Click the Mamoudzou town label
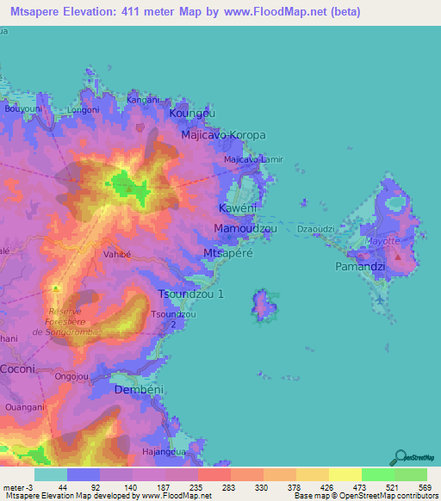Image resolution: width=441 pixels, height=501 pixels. [x=244, y=229]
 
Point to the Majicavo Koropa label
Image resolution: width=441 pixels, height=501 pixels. [x=223, y=136]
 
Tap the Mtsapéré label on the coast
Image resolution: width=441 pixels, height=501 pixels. [x=228, y=252]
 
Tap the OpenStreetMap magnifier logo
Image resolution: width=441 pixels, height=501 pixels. [x=401, y=457]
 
